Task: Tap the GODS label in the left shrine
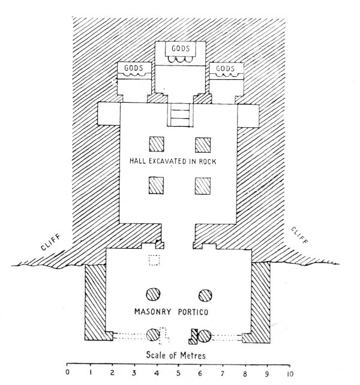pos(134,68)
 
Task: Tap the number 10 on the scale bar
pos(290,373)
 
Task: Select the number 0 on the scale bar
pos(67,373)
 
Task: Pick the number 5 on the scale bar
pos(178,373)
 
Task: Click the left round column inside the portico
pos(154,295)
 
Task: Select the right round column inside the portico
pos(205,295)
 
